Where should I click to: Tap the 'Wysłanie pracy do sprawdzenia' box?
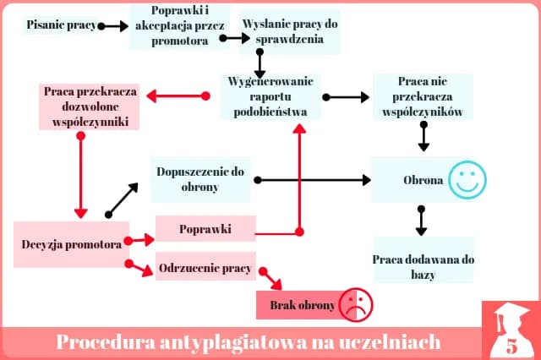point(290,31)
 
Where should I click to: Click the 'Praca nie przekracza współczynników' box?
point(422,96)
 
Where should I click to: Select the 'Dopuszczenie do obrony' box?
point(200,179)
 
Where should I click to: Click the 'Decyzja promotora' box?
point(70,244)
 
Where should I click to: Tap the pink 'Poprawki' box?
point(205,229)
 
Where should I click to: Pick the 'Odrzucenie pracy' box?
point(205,269)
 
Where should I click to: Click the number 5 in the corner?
point(511,346)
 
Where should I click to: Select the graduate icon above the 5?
point(510,320)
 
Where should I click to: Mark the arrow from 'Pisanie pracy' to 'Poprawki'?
point(112,26)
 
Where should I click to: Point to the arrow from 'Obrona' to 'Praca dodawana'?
point(420,221)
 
